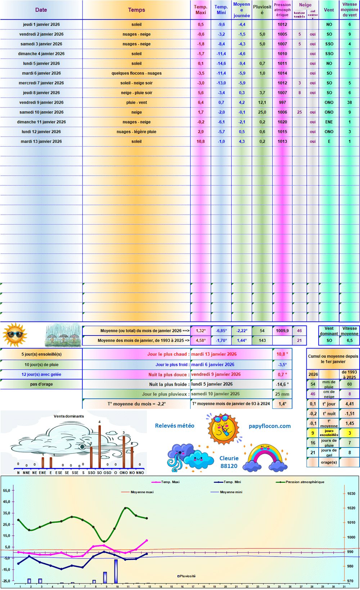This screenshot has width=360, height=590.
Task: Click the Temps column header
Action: (136, 10)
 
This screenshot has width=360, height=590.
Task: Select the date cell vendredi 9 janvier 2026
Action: (41, 103)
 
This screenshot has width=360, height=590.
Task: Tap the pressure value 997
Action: (282, 103)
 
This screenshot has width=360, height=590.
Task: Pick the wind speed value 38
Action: (349, 103)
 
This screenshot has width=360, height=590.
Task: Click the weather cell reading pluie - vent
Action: (136, 103)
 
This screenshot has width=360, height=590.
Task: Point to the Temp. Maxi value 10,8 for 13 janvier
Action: (201, 141)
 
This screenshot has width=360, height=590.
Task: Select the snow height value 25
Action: (300, 112)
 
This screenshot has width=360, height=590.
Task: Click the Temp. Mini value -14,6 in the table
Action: (221, 64)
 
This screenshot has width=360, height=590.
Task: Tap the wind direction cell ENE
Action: (329, 122)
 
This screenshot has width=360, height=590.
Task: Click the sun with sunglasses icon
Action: (15, 335)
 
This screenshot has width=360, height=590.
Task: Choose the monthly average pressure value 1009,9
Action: (282, 331)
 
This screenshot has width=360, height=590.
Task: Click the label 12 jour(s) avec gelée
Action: (41, 374)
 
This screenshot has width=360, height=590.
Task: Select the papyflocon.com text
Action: (270, 426)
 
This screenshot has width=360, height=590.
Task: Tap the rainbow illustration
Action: (265, 458)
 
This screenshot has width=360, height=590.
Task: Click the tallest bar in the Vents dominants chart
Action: (99, 446)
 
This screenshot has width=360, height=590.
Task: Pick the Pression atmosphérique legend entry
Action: (305, 482)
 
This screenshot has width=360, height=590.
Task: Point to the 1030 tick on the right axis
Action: (351, 494)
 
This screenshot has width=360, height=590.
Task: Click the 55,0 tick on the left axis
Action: (7, 491)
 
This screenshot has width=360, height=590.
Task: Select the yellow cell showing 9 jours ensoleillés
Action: (313, 433)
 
